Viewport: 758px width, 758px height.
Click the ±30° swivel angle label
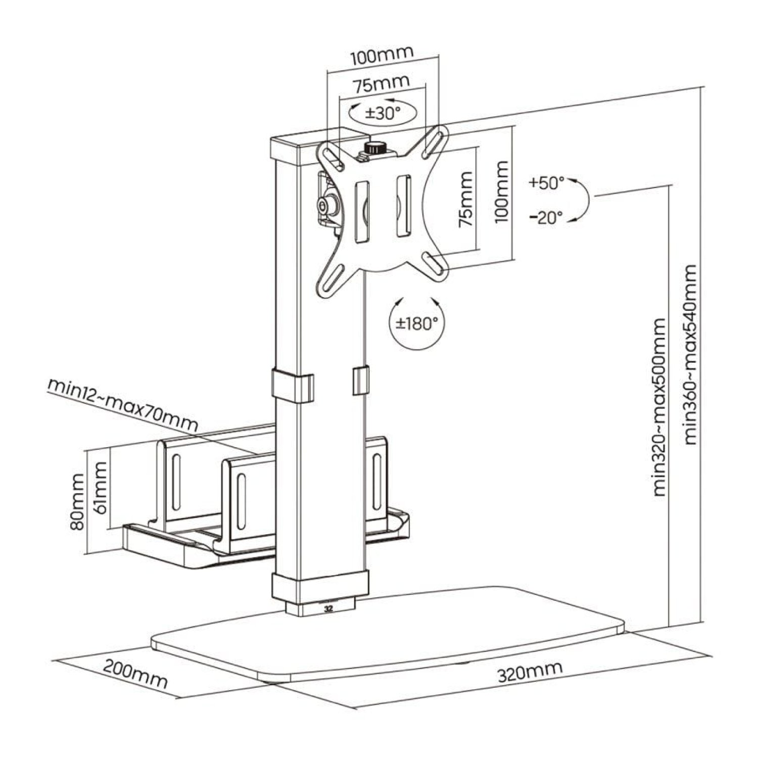(383, 113)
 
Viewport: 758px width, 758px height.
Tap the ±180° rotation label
(416, 323)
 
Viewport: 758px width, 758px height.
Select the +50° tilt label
(546, 182)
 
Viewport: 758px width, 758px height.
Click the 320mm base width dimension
(530, 672)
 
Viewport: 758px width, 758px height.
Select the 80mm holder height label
(77, 501)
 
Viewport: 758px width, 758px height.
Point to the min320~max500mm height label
(660, 407)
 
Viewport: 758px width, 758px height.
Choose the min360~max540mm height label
(690, 355)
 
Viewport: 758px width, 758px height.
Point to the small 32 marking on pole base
(329, 608)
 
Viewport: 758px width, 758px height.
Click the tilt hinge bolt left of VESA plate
(322, 205)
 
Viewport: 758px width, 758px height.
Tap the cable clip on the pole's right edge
(360, 381)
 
